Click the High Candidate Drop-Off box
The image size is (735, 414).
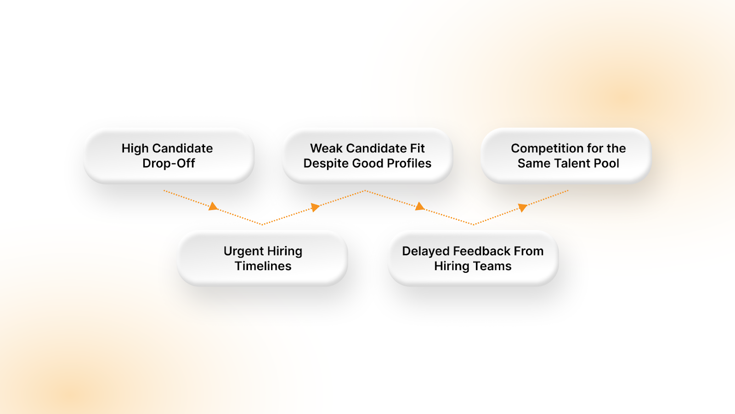click(x=169, y=156)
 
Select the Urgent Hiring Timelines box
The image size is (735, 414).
click(x=263, y=259)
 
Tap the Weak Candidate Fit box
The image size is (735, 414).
click(x=367, y=156)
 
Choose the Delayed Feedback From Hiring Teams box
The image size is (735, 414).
click(x=473, y=259)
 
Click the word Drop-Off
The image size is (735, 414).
click(x=169, y=163)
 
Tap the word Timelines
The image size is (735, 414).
click(x=263, y=266)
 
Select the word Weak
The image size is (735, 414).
click(x=326, y=148)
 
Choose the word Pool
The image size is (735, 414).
click(x=606, y=163)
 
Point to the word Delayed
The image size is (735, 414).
click(x=425, y=251)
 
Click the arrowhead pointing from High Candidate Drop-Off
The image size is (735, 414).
click(x=213, y=207)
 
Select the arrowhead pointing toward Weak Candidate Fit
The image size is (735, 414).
click(x=315, y=207)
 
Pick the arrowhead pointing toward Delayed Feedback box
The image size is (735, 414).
click(x=419, y=207)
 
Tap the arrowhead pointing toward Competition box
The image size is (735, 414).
click(x=522, y=207)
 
